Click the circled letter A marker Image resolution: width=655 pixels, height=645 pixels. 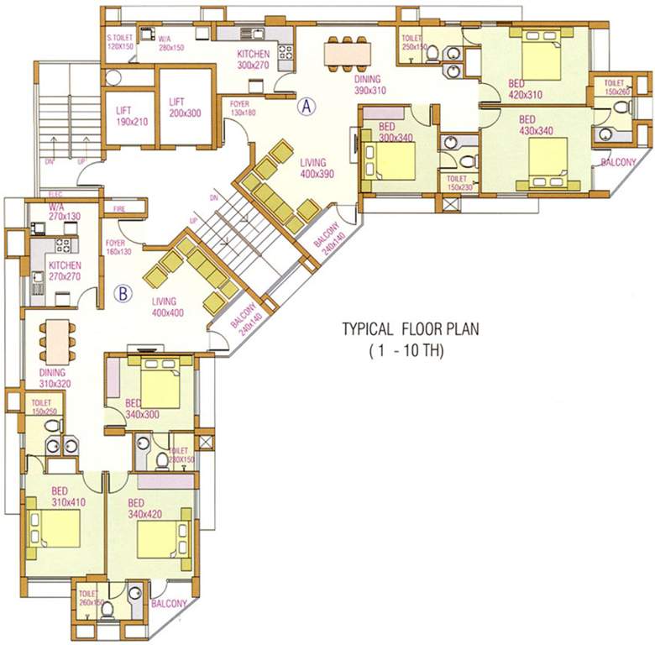tap(307, 106)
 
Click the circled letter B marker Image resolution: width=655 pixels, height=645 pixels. tap(123, 293)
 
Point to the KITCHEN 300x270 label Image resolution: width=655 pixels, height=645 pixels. tap(253, 59)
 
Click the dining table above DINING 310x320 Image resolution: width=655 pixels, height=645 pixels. tap(55, 340)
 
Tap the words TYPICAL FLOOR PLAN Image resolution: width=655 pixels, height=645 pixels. tap(410, 329)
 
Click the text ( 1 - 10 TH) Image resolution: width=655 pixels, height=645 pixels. tap(406, 352)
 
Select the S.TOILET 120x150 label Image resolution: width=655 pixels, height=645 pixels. tap(121, 41)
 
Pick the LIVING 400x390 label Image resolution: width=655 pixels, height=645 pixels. tap(317, 170)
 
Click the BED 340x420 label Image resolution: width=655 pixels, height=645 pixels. tap(144, 510)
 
